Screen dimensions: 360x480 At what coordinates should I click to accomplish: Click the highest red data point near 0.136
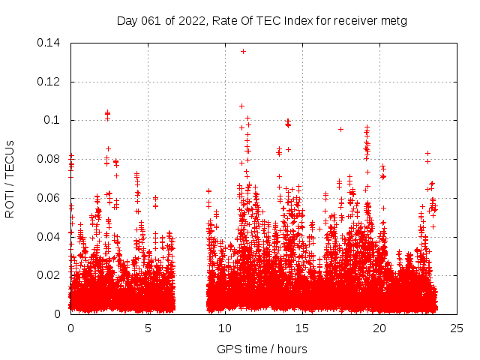(243, 51)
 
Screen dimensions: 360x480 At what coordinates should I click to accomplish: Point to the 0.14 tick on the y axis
(51, 43)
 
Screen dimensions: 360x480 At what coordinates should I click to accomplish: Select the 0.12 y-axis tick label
(51, 82)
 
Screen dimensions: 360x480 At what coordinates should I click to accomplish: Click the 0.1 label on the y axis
(54, 120)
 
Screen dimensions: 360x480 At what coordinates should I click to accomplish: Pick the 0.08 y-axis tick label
(51, 159)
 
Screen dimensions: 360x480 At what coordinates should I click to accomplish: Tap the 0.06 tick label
(51, 198)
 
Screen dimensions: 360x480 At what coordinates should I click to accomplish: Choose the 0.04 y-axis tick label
(51, 237)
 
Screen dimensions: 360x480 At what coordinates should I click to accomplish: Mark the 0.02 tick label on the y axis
(51, 275)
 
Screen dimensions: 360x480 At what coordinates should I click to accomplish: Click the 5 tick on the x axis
(148, 328)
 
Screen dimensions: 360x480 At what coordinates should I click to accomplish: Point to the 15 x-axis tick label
(302, 328)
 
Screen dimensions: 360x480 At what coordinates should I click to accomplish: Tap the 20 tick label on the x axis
(379, 328)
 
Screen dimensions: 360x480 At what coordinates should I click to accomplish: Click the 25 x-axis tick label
(457, 328)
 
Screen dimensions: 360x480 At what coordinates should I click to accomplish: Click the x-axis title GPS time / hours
(262, 349)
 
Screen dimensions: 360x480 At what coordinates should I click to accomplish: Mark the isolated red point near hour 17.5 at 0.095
(340, 129)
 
